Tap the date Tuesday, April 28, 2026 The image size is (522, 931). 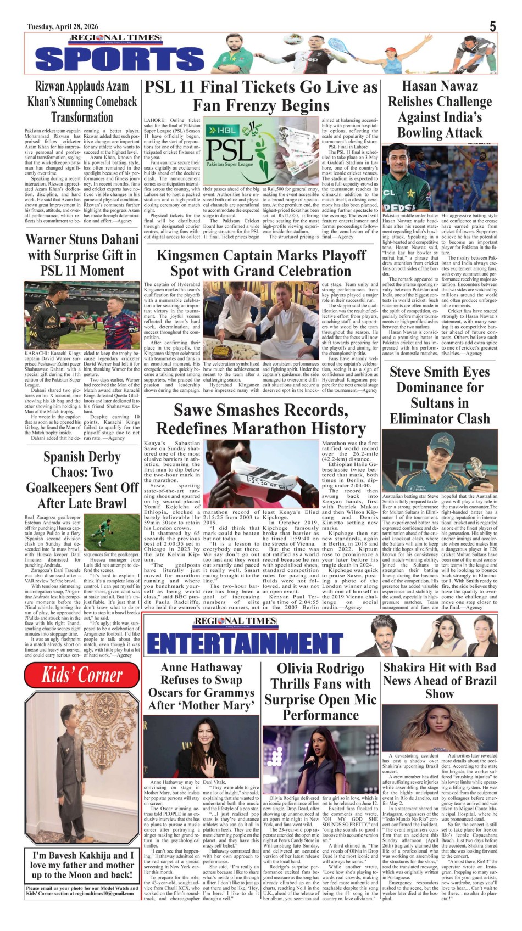(63, 27)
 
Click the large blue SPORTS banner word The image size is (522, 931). (119, 59)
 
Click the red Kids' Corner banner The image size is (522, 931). (82, 675)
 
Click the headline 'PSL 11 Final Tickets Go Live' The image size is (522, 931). (261, 96)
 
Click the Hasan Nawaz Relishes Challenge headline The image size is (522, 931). (440, 109)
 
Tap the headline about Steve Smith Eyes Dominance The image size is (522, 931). (440, 395)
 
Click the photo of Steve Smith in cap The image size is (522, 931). (440, 461)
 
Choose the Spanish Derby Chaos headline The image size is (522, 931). (82, 480)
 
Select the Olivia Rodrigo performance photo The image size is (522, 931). (321, 758)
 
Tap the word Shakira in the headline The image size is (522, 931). (407, 668)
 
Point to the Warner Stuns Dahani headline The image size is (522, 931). (82, 255)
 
